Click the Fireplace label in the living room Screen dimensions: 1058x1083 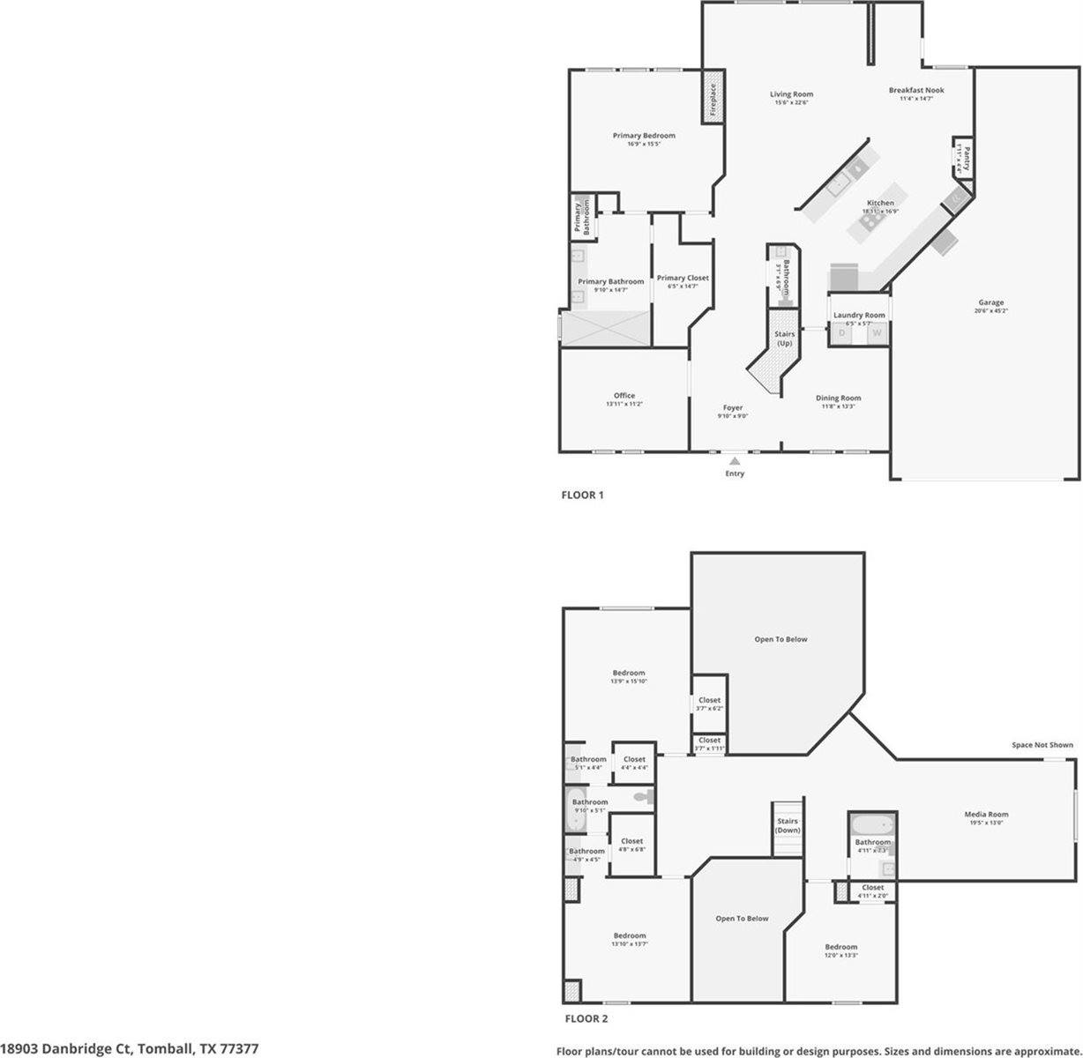[713, 101]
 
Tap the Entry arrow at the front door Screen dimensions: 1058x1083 [735, 459]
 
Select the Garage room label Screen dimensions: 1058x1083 [990, 302]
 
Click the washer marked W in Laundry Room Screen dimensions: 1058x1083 [876, 333]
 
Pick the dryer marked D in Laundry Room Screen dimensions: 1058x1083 [842, 333]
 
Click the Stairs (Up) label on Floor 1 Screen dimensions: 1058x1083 [784, 339]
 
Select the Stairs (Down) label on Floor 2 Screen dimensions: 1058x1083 [788, 826]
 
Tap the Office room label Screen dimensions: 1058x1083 [624, 396]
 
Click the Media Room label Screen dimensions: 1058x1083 [985, 815]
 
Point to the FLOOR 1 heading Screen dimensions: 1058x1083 [582, 495]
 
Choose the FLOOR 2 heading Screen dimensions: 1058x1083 [586, 1019]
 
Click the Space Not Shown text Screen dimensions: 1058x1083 [1042, 745]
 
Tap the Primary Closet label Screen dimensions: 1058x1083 [683, 279]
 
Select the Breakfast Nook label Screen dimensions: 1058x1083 [915, 90]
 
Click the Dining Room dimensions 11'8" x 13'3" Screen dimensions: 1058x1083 [838, 406]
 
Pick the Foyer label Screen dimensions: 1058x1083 [733, 408]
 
